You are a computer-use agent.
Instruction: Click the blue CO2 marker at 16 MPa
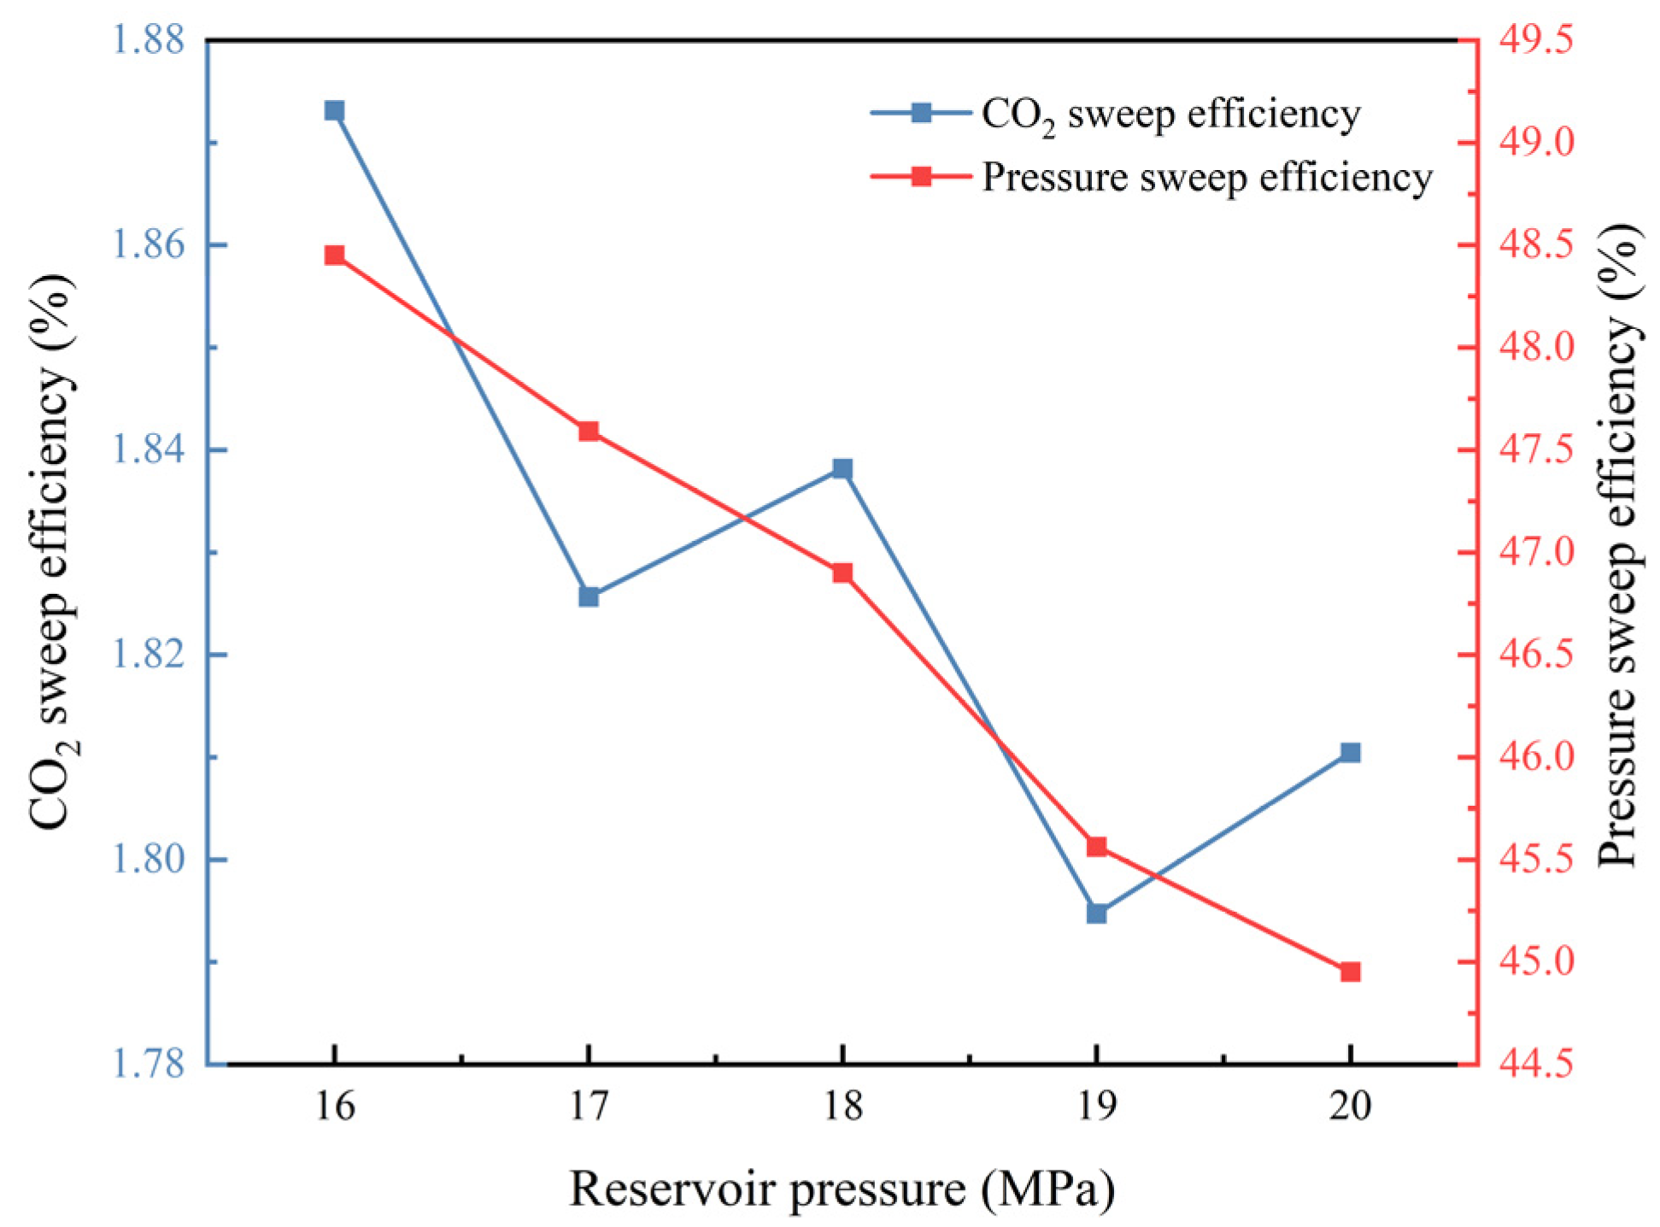(x=334, y=111)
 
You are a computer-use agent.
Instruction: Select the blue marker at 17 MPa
(x=589, y=596)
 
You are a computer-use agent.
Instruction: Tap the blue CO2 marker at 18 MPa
(x=842, y=468)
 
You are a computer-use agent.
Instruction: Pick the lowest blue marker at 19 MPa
(x=1097, y=913)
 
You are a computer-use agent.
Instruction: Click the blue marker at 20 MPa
(x=1350, y=752)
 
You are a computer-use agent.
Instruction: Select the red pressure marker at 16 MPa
(x=334, y=255)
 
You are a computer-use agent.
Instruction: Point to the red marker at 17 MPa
(x=589, y=432)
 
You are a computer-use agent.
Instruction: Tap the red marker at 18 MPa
(x=842, y=572)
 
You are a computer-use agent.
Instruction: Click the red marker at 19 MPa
(x=1097, y=847)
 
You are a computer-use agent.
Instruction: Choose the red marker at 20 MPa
(x=1350, y=972)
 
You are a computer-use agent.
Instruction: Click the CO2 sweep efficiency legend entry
(x=1170, y=114)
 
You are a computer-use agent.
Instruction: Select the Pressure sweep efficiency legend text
(x=1206, y=178)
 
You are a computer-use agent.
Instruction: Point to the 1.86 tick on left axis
(x=149, y=245)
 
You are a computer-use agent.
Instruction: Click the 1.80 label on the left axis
(x=149, y=859)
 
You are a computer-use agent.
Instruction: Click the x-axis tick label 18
(x=842, y=1107)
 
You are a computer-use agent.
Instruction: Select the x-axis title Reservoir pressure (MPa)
(x=842, y=1189)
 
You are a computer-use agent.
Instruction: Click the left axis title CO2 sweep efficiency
(x=53, y=551)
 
